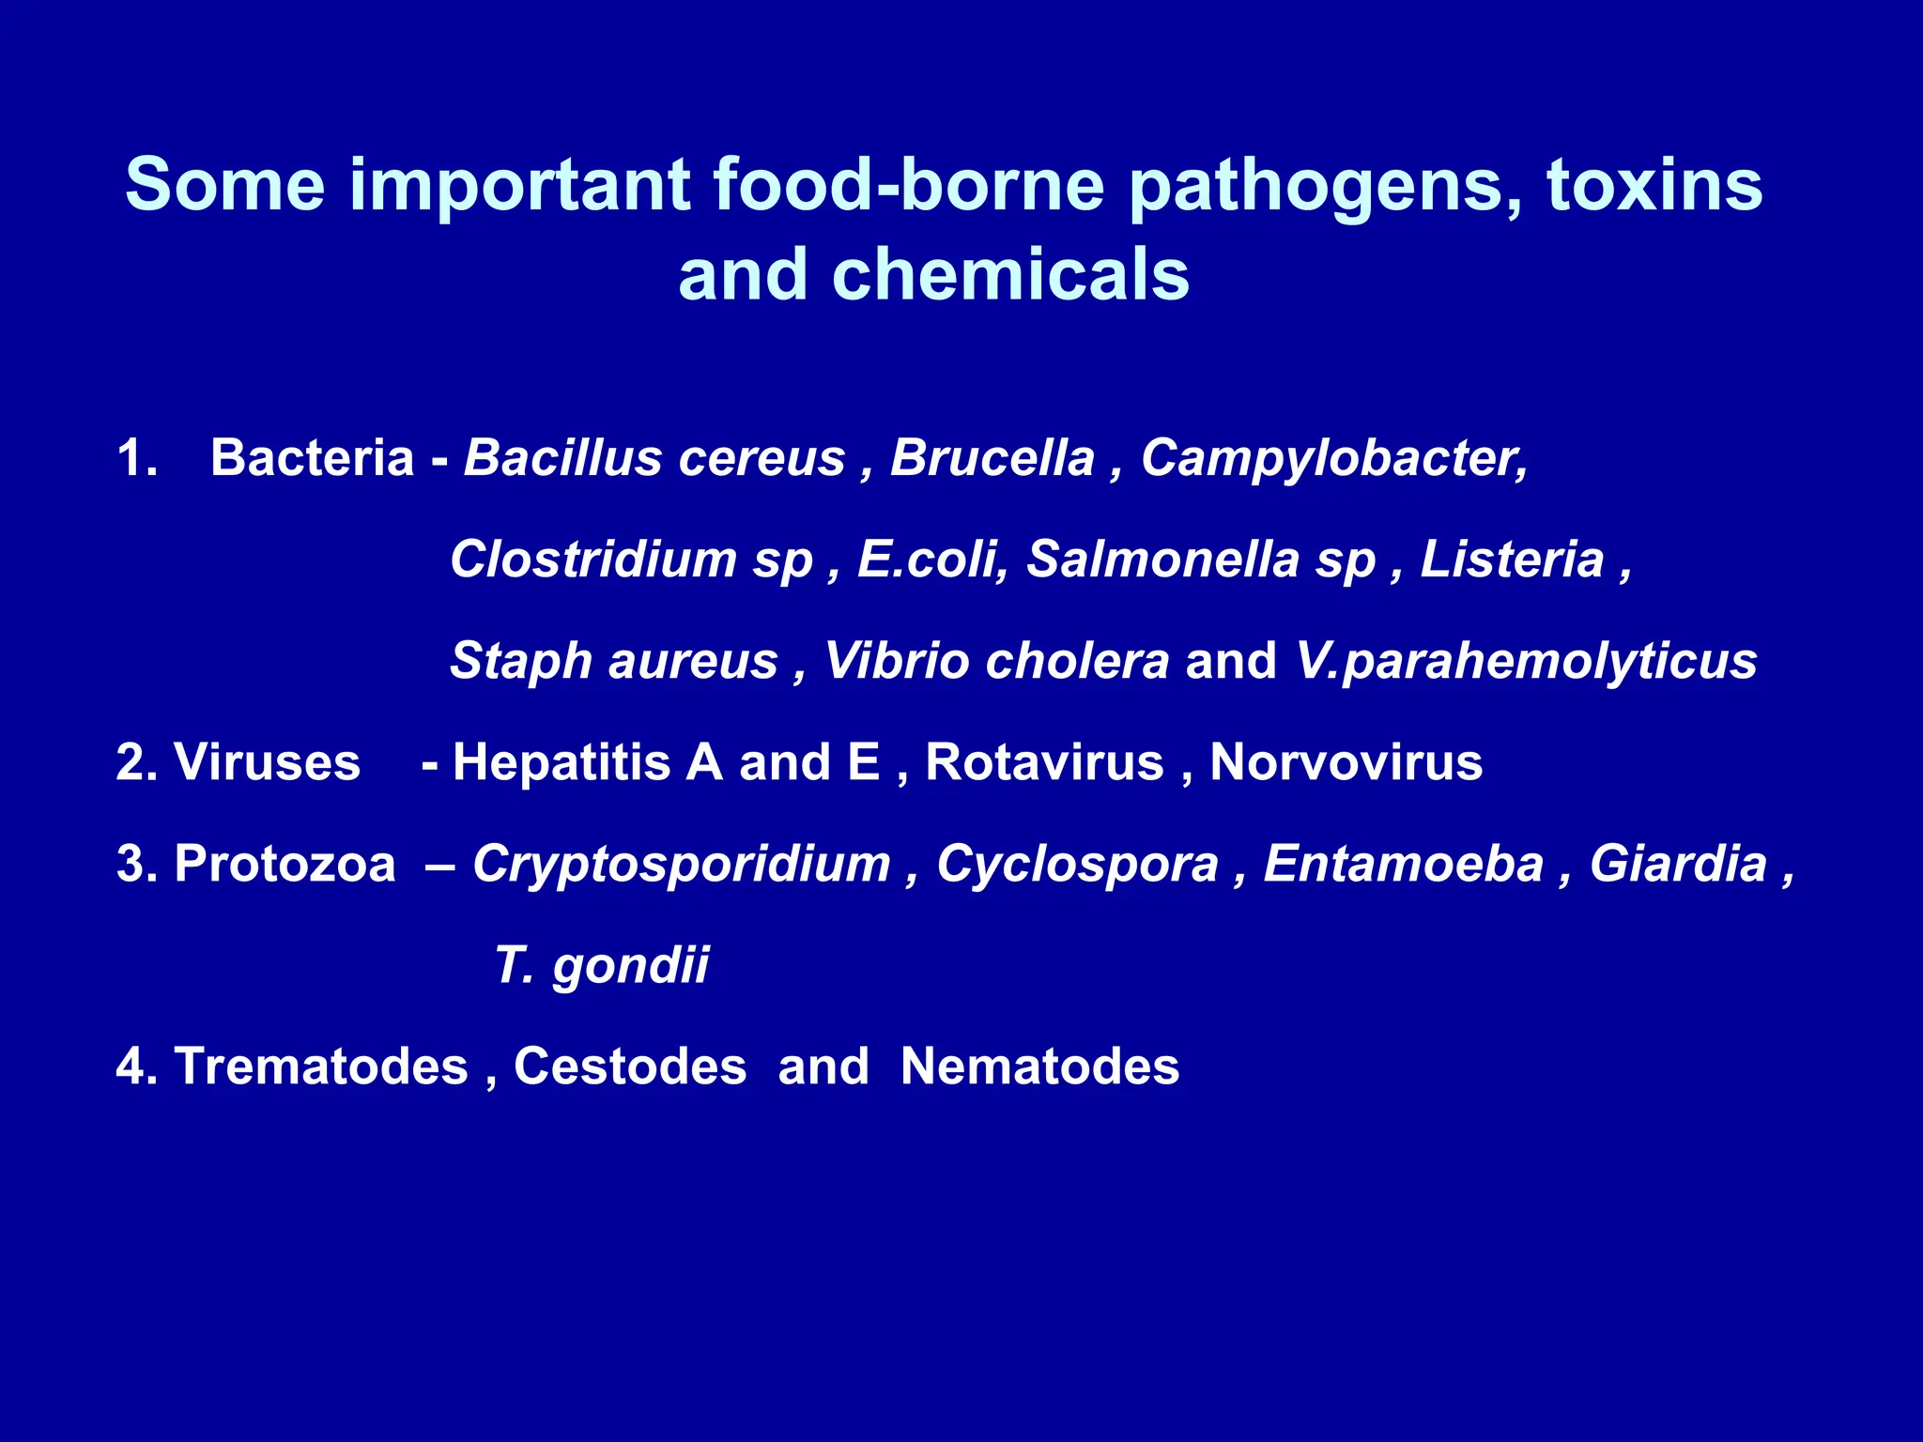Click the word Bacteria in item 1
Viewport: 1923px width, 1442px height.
tap(312, 458)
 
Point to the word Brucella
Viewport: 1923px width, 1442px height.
tap(992, 458)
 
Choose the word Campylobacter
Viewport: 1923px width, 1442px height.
tap(1333, 460)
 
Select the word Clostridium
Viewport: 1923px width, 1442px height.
tap(593, 560)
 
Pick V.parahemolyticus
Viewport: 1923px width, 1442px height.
tap(1525, 662)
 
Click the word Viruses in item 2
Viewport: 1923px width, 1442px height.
tap(267, 762)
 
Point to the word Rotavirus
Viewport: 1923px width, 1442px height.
tap(1044, 762)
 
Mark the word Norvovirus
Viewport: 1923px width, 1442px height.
tap(1346, 762)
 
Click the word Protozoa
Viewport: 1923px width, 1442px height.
tap(285, 864)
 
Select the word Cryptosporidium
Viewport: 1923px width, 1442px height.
tap(682, 864)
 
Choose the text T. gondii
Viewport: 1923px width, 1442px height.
tap(602, 966)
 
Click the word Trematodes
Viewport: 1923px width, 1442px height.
tap(321, 1066)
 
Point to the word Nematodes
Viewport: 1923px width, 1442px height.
tap(1039, 1066)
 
